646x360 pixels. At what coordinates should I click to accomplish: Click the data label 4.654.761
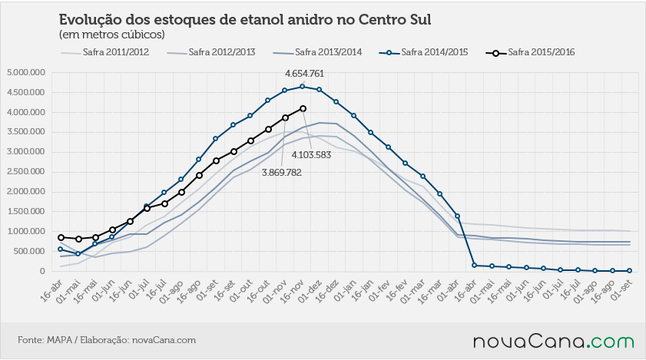[304, 74]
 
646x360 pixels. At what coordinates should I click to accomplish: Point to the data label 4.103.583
[311, 155]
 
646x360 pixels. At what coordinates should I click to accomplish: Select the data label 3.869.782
[282, 173]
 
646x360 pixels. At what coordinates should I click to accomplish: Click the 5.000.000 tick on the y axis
[26, 72]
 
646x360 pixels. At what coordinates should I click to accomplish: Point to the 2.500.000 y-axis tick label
[26, 172]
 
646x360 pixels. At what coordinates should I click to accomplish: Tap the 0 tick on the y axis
[42, 271]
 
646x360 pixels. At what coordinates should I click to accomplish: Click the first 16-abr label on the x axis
[51, 291]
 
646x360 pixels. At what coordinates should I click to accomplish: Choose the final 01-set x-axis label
[621, 291]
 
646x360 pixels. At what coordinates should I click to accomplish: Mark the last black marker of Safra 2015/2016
[303, 109]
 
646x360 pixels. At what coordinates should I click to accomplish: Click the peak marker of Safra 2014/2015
[303, 87]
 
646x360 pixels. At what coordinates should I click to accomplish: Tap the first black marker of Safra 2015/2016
[61, 237]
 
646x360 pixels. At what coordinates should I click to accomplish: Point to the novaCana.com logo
[554, 342]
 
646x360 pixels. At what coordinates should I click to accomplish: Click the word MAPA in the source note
[59, 340]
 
